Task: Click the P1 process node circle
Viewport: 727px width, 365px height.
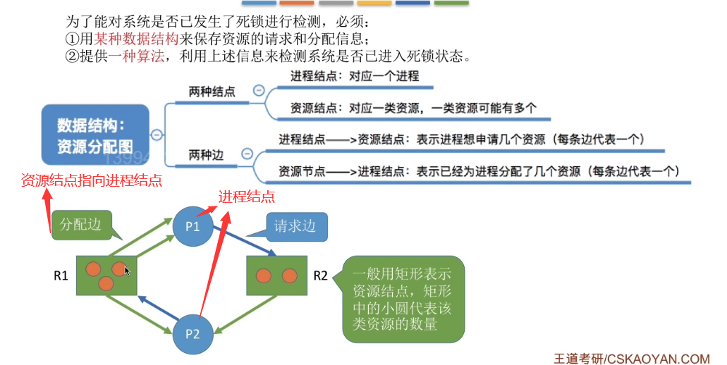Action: point(193,226)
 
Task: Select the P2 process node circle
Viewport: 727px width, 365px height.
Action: point(193,333)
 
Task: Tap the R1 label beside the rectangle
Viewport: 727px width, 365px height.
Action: point(61,276)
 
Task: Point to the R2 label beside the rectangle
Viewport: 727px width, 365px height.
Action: point(320,275)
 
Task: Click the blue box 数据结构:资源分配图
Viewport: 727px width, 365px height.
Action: point(95,135)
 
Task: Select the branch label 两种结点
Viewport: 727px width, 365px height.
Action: point(212,92)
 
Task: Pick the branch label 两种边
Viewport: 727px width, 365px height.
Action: point(206,154)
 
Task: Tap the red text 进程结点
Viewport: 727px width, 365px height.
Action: point(246,197)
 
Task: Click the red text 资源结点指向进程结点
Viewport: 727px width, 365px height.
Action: point(92,180)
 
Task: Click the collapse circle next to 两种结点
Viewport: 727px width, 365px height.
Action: point(259,91)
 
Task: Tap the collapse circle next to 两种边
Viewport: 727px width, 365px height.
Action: point(247,154)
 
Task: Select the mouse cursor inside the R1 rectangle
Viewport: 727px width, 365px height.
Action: point(127,271)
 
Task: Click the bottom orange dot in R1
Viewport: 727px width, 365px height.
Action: point(106,284)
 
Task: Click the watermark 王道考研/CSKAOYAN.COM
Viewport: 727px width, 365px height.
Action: point(631,358)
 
